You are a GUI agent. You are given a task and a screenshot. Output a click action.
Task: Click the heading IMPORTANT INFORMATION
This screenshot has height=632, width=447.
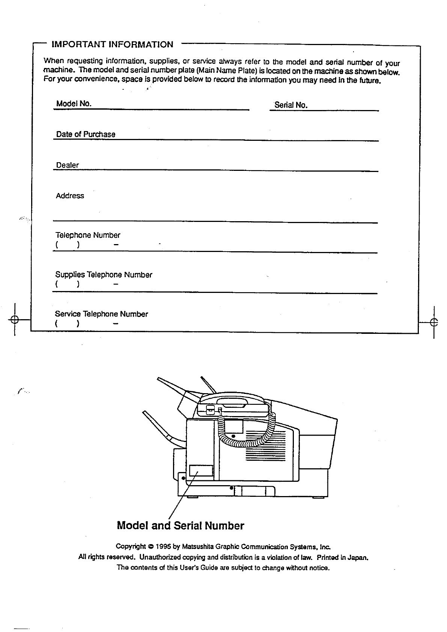pyautogui.click(x=112, y=45)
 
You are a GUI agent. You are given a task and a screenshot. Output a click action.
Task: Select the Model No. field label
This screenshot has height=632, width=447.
pyautogui.click(x=74, y=104)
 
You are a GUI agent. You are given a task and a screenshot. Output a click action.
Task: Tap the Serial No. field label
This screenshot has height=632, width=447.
pyautogui.click(x=291, y=105)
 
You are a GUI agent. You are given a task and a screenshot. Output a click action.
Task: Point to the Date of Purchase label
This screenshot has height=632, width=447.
pyautogui.click(x=86, y=134)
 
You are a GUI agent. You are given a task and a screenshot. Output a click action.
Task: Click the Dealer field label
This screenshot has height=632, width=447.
pyautogui.click(x=68, y=165)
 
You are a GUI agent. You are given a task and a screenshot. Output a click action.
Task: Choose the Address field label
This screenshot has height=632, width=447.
pyautogui.click(x=70, y=196)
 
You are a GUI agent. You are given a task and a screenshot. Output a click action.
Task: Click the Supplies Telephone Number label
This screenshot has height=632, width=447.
pyautogui.click(x=104, y=275)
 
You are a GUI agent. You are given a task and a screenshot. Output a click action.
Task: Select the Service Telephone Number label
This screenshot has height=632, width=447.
pyautogui.click(x=101, y=314)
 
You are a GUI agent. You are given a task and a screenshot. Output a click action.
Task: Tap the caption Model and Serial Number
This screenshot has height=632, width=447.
pyautogui.click(x=180, y=526)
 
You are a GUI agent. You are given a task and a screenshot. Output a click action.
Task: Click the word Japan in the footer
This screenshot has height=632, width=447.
pyautogui.click(x=357, y=557)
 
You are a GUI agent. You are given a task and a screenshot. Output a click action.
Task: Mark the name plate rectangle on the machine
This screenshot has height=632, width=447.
pyautogui.click(x=201, y=471)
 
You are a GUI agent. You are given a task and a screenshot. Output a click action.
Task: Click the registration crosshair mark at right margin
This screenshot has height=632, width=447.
pyautogui.click(x=434, y=322)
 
